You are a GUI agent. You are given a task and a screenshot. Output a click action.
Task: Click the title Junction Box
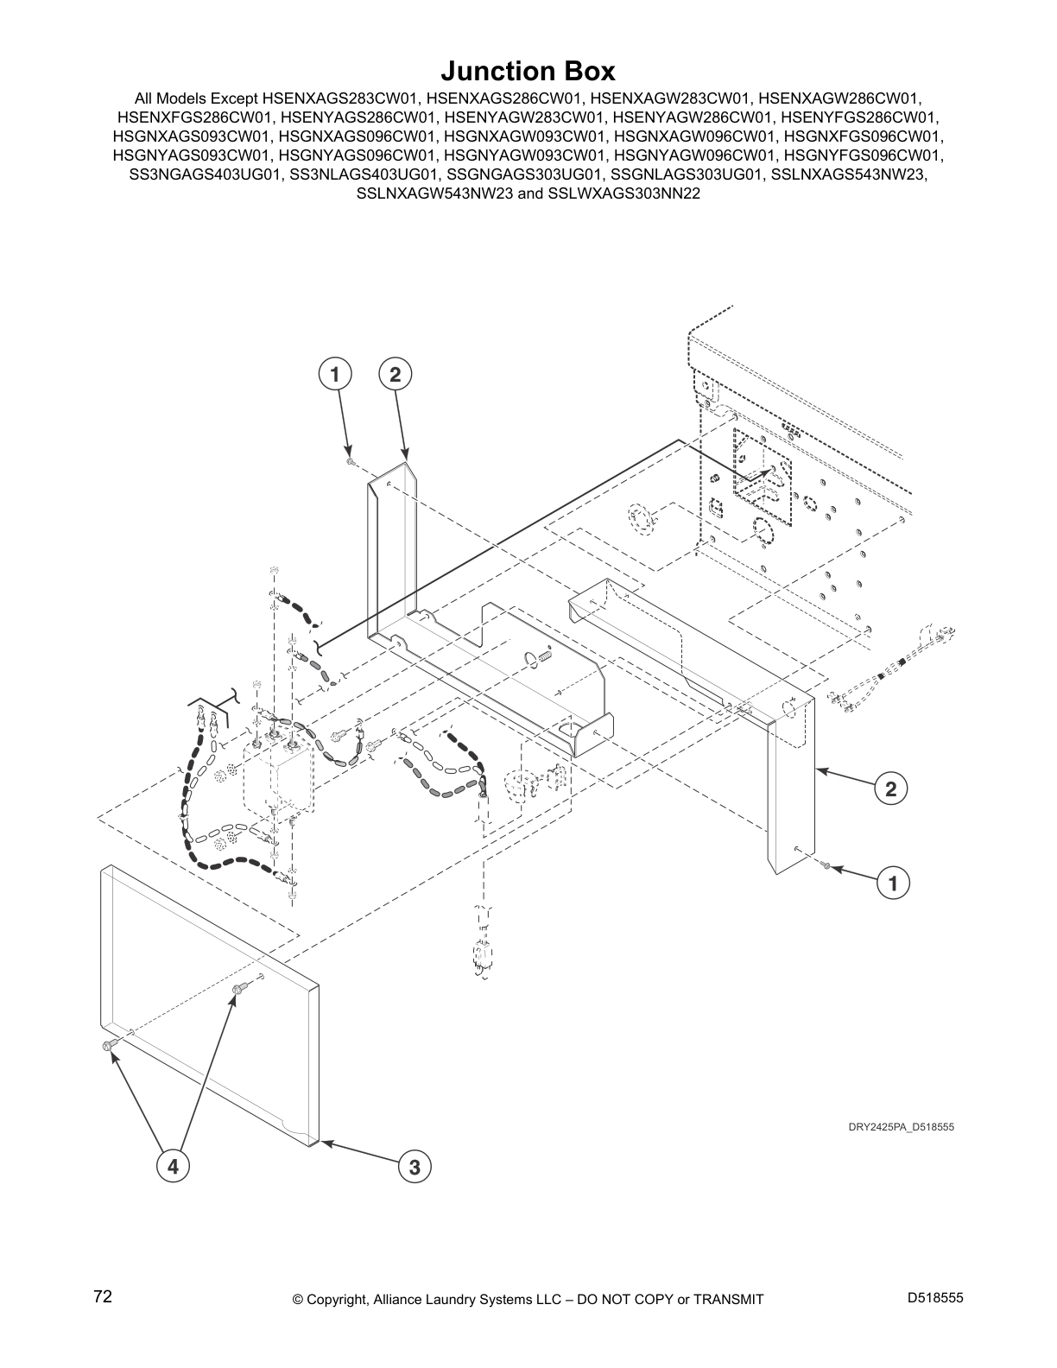click(528, 70)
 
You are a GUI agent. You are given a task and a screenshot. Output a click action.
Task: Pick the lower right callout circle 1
click(893, 883)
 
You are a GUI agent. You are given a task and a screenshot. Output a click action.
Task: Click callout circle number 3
click(415, 1167)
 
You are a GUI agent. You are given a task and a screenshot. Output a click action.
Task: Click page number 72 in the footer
click(103, 1297)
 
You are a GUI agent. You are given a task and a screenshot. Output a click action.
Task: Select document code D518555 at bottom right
click(935, 1298)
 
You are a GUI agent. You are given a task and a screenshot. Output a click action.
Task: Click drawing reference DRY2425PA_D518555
click(900, 1126)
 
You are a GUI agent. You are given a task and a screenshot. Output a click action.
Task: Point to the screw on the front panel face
click(239, 986)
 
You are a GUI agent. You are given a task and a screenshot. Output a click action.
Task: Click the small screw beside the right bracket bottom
click(826, 865)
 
